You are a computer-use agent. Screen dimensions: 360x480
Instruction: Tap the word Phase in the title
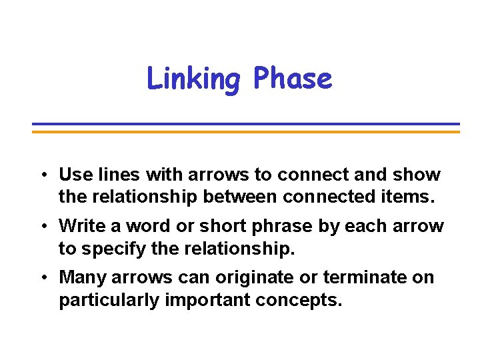[x=292, y=79]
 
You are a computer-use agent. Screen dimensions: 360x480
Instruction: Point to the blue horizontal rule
[x=246, y=124]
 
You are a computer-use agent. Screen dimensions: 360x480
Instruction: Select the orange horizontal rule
[x=246, y=131]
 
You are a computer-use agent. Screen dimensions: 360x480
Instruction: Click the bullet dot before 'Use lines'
[x=42, y=175]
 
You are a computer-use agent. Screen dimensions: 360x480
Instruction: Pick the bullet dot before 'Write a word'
[x=42, y=227]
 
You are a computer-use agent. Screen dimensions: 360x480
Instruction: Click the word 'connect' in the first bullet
[x=307, y=175]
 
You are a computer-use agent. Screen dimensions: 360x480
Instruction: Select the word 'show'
[x=417, y=175]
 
